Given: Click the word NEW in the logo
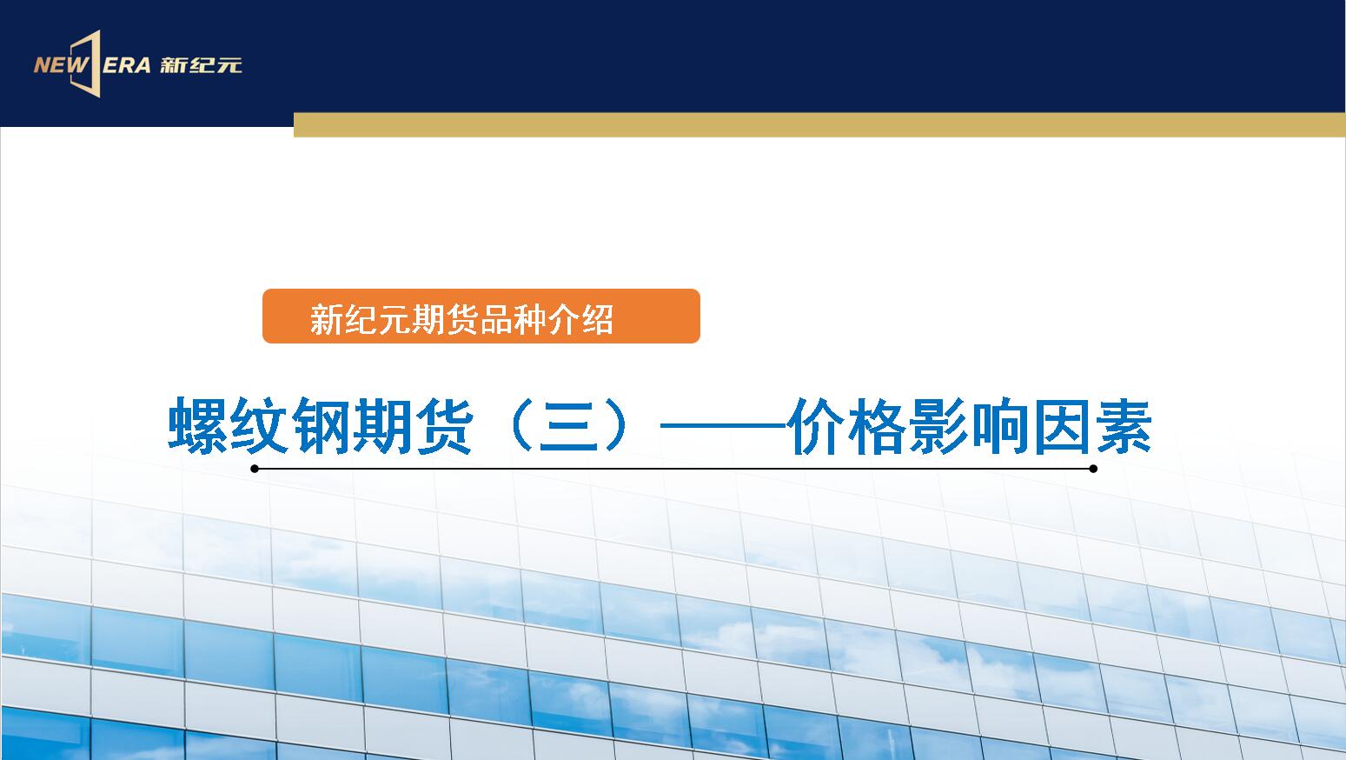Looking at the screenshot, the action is pyautogui.click(x=60, y=65).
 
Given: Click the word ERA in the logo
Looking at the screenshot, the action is pyautogui.click(x=126, y=65).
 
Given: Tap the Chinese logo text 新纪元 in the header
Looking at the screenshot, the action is pyautogui.click(x=201, y=65).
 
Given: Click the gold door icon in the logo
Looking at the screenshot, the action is pyautogui.click(x=87, y=63).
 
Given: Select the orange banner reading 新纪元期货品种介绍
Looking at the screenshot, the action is pyautogui.click(x=481, y=317).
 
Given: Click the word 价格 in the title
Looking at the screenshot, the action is pyautogui.click(x=848, y=426).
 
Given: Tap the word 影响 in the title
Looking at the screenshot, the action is pyautogui.click(x=969, y=426).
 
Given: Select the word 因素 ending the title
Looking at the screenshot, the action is pyautogui.click(x=1091, y=426).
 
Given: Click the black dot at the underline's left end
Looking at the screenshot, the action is pyautogui.click(x=255, y=469).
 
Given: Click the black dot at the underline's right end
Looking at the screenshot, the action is pyautogui.click(x=1093, y=469).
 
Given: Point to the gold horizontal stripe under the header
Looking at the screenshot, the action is pyautogui.click(x=819, y=124).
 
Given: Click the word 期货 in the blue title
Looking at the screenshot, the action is pyautogui.click(x=412, y=426).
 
